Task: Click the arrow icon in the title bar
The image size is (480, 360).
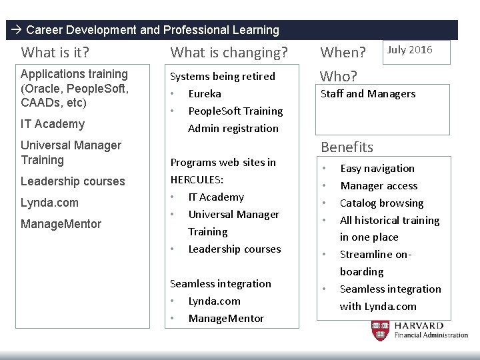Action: pyautogui.click(x=17, y=30)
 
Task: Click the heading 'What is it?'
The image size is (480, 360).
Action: pyautogui.click(x=55, y=52)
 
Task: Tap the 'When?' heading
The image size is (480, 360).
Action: pyautogui.click(x=343, y=52)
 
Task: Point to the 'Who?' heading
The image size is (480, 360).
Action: pyautogui.click(x=339, y=76)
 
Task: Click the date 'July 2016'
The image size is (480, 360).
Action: pyautogui.click(x=410, y=50)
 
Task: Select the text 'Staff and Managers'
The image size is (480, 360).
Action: pyautogui.click(x=368, y=94)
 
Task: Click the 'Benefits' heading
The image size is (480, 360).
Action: pyautogui.click(x=347, y=147)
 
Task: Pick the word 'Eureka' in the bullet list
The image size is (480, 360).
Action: pyautogui.click(x=205, y=94)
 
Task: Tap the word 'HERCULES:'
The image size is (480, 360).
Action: pyautogui.click(x=198, y=180)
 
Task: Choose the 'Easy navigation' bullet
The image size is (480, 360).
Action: pyautogui.click(x=377, y=169)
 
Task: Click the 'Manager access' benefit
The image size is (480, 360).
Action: pyautogui.click(x=379, y=186)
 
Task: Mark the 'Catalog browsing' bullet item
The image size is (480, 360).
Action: pyautogui.click(x=382, y=203)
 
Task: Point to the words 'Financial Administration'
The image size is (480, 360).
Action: pyautogui.click(x=431, y=335)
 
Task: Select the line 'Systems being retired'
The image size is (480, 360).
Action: pyautogui.click(x=223, y=77)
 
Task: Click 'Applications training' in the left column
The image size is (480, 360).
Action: pyautogui.click(x=74, y=74)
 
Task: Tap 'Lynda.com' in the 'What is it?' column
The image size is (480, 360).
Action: pyautogui.click(x=49, y=203)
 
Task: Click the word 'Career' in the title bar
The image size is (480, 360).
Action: pyautogui.click(x=44, y=30)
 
